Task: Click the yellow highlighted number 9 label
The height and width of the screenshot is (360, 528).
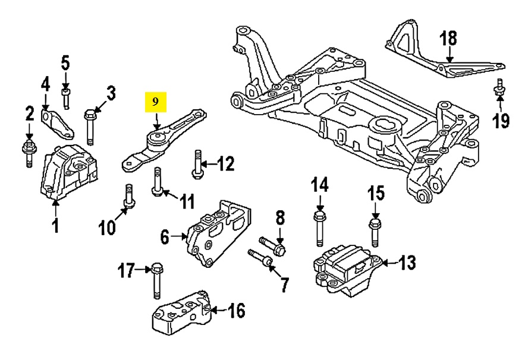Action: tap(155, 102)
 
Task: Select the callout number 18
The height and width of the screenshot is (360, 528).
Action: tap(448, 39)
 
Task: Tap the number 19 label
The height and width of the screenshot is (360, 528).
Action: tap(501, 121)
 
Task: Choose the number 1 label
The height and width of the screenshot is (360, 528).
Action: tap(55, 226)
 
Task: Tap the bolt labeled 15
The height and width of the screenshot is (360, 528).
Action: tap(375, 232)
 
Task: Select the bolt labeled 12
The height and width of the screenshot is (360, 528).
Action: tap(197, 165)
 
